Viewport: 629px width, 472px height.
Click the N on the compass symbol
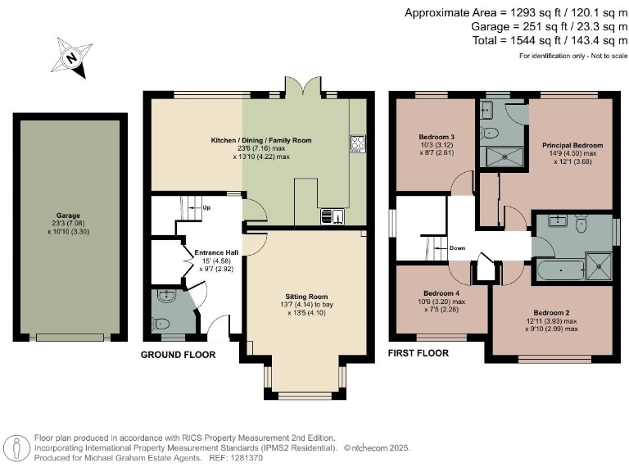tap(72, 58)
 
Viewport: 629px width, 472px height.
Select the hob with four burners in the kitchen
tap(358, 143)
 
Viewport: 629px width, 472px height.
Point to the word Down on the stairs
tap(457, 247)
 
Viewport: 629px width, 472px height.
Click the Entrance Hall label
tap(215, 252)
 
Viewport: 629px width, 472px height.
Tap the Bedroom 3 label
tap(437, 136)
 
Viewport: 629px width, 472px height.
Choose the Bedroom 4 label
tap(441, 293)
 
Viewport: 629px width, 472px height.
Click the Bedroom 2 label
tap(551, 312)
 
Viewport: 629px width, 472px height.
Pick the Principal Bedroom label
tap(572, 145)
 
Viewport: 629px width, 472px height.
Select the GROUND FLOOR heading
tap(178, 355)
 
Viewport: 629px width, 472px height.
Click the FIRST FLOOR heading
tap(419, 353)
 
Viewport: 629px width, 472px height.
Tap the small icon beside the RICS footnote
tap(16, 447)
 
